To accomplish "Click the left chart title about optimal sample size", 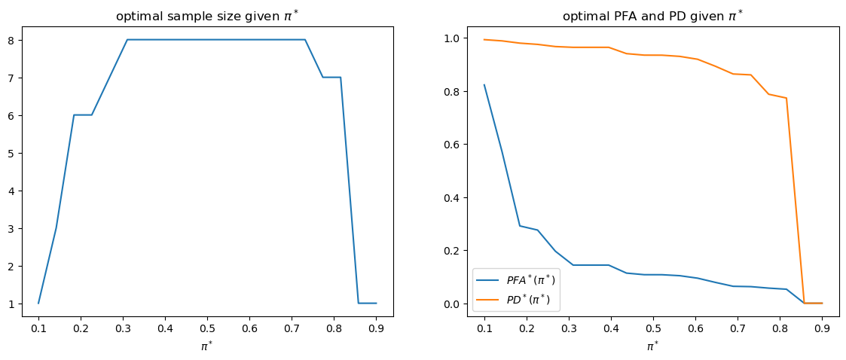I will (x=207, y=16).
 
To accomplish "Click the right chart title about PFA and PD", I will (x=653, y=16).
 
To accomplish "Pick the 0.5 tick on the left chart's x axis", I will (x=208, y=328).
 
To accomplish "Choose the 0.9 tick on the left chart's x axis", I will (x=377, y=328).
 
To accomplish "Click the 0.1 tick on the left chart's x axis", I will (x=38, y=328).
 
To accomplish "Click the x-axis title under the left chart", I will (x=207, y=346).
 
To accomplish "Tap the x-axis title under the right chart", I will (x=653, y=346).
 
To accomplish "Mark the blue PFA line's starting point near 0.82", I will (x=484, y=85).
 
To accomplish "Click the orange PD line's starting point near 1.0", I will (x=484, y=39).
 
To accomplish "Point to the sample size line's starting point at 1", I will (x=38, y=304).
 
